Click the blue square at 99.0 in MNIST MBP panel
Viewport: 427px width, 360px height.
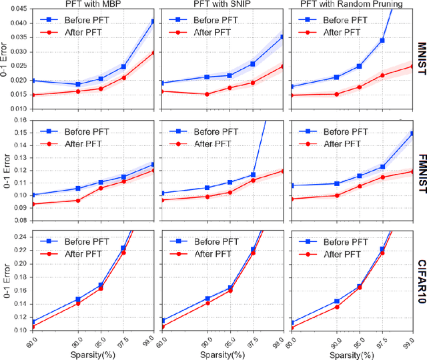(x=153, y=21)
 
